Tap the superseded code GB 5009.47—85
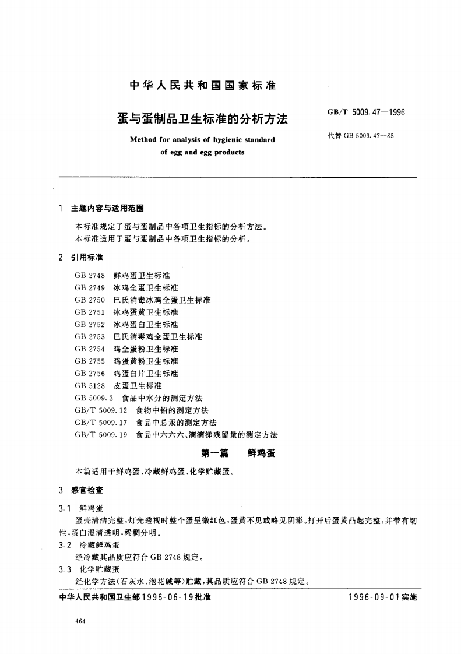[361, 136]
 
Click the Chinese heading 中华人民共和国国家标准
[202, 86]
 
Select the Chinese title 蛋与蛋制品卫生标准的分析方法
[203, 119]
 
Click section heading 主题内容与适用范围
[107, 208]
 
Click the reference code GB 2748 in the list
[90, 276]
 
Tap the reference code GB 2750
[90, 300]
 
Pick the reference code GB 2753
[90, 337]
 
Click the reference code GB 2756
[90, 374]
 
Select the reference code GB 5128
[90, 386]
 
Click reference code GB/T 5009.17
[101, 423]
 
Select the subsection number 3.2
[65, 546]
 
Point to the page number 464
[81, 622]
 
